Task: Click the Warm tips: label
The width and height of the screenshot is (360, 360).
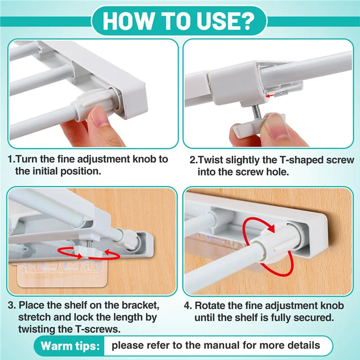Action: coord(70,346)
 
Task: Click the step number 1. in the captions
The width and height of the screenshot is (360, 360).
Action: coord(12,159)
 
